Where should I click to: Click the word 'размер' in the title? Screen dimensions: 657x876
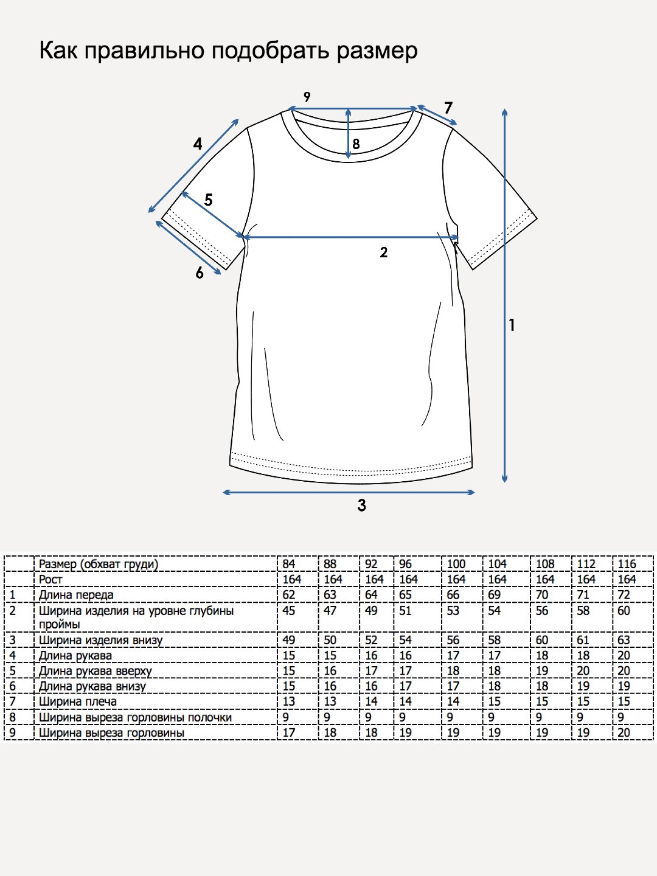tap(377, 52)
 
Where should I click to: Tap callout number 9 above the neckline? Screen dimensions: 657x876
tap(307, 97)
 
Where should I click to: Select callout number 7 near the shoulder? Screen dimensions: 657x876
tap(448, 108)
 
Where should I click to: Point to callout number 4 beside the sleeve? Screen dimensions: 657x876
tap(198, 144)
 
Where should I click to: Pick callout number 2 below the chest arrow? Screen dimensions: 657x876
tap(383, 252)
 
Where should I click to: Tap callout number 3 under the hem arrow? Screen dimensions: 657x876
tap(361, 506)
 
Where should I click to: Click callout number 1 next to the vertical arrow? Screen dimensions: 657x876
tap(512, 325)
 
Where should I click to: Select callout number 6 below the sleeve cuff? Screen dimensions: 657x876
tap(200, 273)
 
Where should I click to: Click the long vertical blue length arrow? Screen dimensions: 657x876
tap(505, 295)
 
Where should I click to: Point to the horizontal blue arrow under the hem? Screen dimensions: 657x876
tap(349, 492)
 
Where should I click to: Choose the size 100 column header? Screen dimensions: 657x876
tap(456, 564)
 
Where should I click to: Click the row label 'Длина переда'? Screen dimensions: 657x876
tap(76, 595)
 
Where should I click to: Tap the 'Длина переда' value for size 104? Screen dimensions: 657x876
tap(494, 595)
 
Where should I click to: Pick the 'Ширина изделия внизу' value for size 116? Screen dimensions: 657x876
tap(624, 640)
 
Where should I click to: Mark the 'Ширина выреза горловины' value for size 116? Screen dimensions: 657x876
tap(624, 732)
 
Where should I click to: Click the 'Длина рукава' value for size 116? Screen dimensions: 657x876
tap(624, 655)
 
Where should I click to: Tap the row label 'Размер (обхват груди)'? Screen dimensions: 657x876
tap(99, 565)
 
